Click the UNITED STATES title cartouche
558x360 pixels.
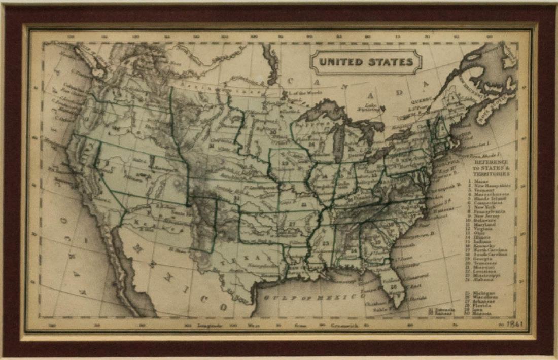(366, 62)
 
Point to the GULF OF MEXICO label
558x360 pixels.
(315, 297)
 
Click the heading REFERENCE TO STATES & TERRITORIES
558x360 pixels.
(491, 167)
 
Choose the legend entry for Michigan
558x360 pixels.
(485, 293)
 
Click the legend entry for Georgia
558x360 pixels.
(484, 258)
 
